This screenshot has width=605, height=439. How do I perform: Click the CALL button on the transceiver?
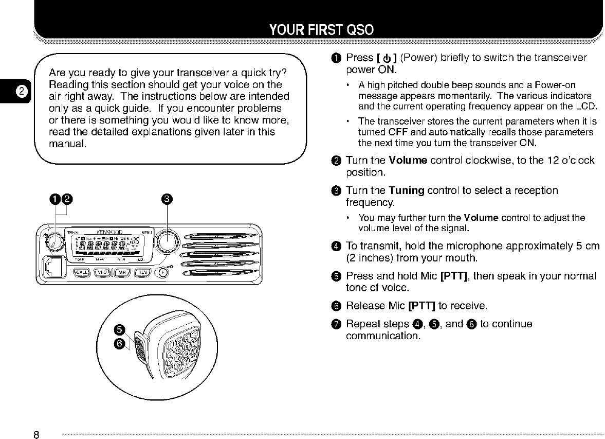point(82,273)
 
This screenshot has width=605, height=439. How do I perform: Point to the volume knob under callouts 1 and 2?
point(54,240)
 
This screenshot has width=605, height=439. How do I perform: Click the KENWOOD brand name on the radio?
point(108,232)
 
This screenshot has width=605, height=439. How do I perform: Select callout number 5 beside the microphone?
point(119,330)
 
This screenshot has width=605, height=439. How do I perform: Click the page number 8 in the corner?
point(36,434)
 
